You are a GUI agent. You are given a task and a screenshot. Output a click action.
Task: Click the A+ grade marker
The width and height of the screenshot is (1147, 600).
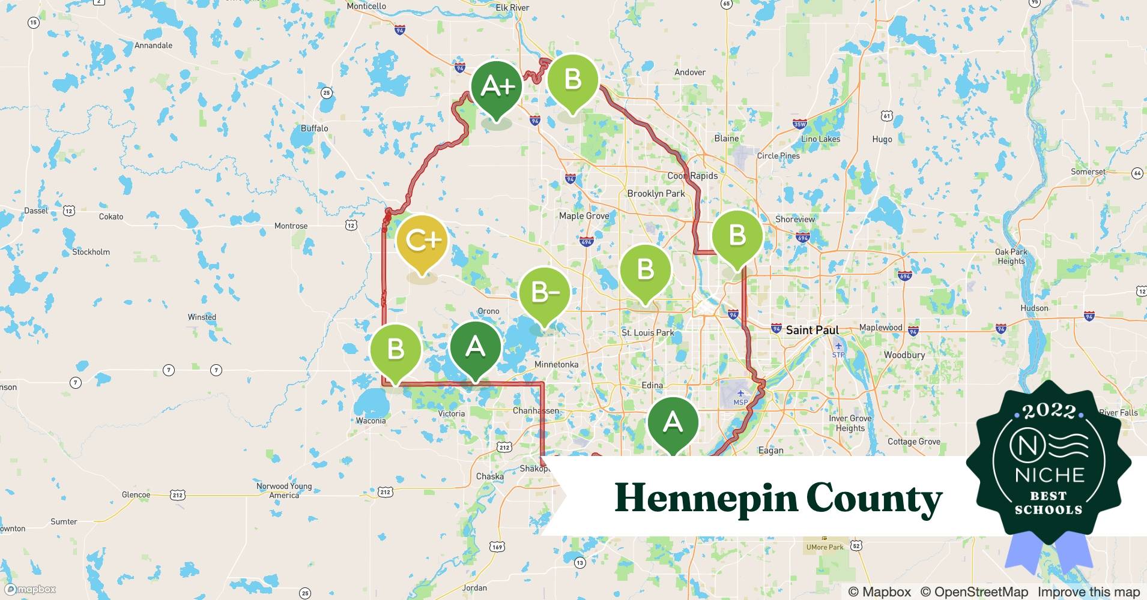(496, 88)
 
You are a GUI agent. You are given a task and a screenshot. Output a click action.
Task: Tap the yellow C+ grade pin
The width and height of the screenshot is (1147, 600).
(422, 241)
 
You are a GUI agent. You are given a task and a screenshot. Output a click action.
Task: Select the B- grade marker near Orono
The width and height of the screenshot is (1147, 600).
(544, 293)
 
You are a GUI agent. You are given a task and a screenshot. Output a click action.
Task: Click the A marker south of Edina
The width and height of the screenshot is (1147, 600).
(673, 422)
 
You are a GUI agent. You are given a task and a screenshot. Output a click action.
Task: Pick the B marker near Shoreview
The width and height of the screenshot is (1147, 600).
(737, 236)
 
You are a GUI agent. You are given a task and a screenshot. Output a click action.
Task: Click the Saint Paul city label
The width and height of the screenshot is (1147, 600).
(812, 330)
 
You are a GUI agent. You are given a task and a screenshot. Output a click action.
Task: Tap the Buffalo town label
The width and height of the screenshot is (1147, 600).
(315, 128)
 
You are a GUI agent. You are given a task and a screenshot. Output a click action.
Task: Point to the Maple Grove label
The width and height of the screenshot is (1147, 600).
(584, 216)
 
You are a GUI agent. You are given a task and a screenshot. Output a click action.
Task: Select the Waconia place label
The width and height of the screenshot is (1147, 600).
(371, 421)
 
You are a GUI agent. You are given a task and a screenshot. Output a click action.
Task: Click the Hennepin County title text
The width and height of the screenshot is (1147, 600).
(778, 498)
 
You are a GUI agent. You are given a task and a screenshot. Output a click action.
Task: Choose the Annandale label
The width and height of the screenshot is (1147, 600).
(153, 46)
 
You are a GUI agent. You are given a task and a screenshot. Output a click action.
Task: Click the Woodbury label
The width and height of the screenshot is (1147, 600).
(904, 355)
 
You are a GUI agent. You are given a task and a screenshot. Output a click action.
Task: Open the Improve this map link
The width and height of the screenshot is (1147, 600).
(1088, 592)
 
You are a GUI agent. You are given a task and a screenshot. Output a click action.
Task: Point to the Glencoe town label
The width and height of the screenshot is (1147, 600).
(136, 495)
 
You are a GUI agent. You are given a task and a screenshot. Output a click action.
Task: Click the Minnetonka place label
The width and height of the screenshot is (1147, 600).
(556, 365)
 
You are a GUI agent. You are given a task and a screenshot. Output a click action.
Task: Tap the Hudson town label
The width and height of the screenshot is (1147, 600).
(1034, 308)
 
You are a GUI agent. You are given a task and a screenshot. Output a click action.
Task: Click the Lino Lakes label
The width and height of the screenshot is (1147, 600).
(820, 139)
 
